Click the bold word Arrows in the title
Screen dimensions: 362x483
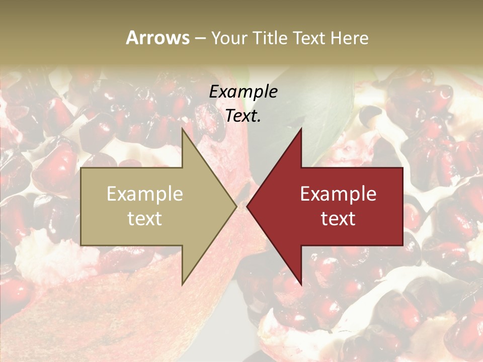click(157, 38)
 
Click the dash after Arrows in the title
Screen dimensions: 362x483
click(200, 38)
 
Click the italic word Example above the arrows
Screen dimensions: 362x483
click(243, 92)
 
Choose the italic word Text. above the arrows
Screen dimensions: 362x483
click(243, 116)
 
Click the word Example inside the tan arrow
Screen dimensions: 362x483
click(145, 194)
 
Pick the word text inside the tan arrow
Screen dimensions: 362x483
click(145, 218)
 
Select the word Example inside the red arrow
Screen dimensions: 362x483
click(338, 194)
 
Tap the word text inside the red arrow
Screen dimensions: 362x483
click(338, 218)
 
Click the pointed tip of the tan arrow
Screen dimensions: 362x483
click(236, 206)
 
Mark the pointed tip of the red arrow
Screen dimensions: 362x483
click(248, 206)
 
